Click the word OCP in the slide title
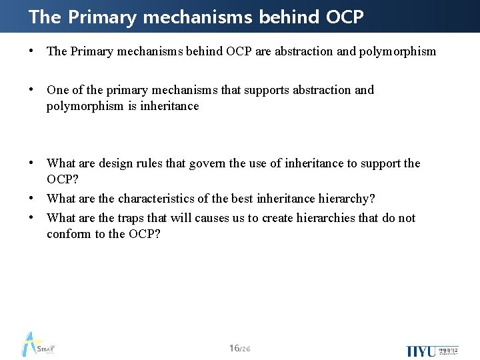click(345, 17)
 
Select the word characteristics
click(159, 199)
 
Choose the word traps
click(132, 218)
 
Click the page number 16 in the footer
click(234, 349)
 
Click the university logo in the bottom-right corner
click(432, 351)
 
